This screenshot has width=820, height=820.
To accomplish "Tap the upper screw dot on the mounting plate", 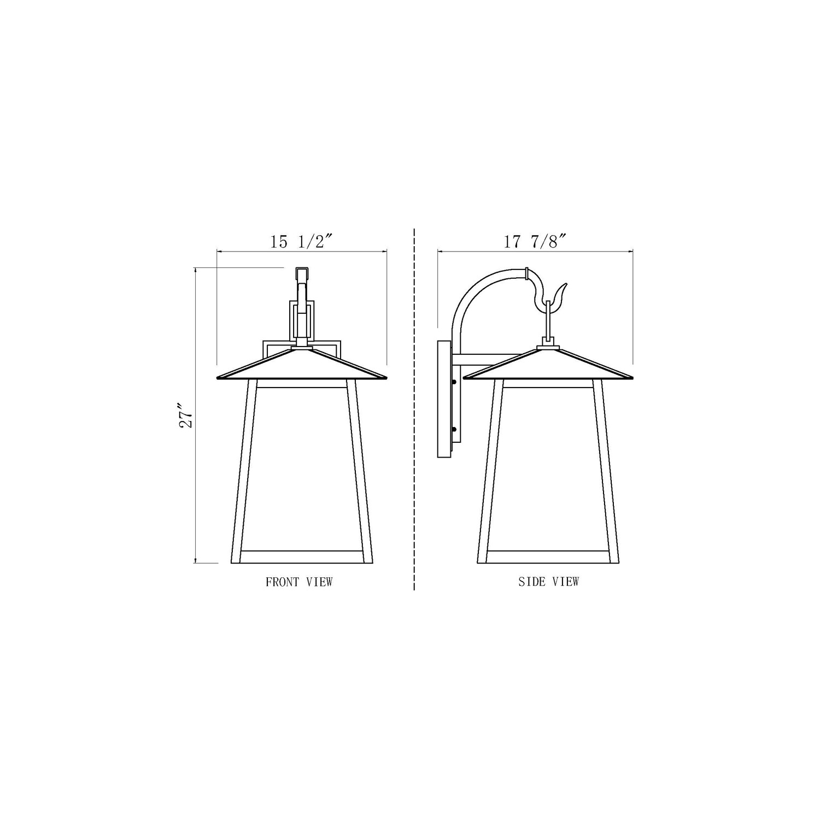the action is [x=454, y=382].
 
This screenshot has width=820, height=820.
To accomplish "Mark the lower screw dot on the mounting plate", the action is [x=454, y=430].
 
